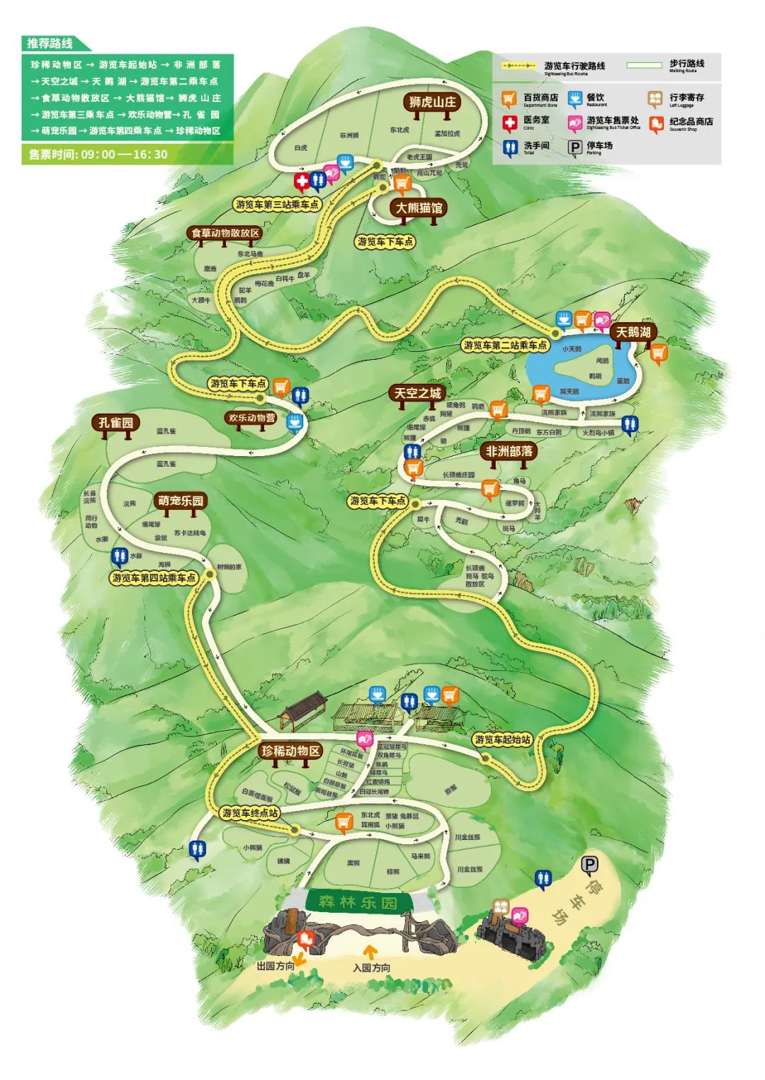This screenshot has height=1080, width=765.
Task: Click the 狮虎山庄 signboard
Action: click(432, 102)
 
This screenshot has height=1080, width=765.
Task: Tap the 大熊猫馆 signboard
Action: click(418, 208)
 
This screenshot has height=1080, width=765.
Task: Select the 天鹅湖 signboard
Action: click(633, 331)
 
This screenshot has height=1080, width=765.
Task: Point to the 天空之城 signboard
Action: click(417, 393)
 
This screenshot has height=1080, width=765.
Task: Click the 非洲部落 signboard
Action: click(509, 451)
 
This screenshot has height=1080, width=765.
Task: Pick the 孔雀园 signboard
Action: click(115, 423)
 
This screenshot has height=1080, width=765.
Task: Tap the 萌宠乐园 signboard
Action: click(181, 501)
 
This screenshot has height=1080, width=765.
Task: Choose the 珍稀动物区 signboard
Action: click(290, 751)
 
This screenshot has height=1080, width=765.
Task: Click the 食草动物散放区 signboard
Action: click(226, 232)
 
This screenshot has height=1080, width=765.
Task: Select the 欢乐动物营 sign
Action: click(251, 418)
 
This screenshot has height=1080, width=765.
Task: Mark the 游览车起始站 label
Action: click(502, 739)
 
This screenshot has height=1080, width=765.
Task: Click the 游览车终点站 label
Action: click(249, 812)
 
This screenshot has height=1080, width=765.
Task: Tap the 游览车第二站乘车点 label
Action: click(505, 345)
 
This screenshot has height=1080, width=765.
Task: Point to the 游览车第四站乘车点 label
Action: click(154, 578)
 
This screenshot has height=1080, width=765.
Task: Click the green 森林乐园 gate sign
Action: click(358, 902)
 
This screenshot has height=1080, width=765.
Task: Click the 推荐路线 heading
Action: click(50, 43)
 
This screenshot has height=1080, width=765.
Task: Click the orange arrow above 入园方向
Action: click(369, 951)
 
